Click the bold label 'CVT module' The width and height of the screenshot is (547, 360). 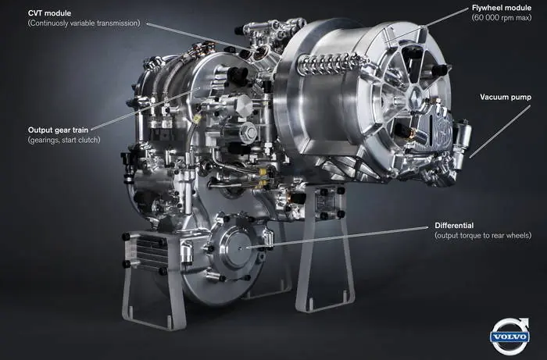click(49, 13)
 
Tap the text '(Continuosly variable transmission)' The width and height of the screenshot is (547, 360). click(84, 23)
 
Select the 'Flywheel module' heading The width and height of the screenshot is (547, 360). click(502, 8)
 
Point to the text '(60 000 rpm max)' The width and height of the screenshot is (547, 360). click(502, 18)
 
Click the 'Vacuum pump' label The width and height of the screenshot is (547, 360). click(506, 98)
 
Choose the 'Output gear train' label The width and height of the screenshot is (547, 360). click(58, 130)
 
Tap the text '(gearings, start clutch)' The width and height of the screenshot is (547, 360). click(64, 140)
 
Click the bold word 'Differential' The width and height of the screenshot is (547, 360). click(454, 226)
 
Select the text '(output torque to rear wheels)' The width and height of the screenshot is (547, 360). click(483, 236)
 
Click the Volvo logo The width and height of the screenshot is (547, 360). click(509, 337)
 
